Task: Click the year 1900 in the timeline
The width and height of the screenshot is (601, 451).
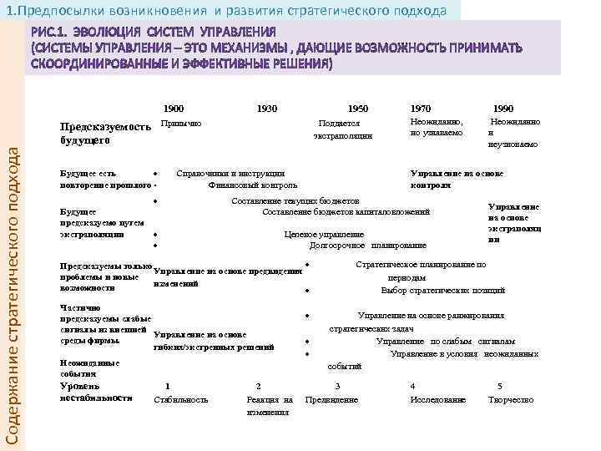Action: coord(174,109)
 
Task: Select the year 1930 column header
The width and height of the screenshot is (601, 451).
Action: coord(268,109)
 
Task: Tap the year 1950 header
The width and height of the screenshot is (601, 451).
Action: coord(357,109)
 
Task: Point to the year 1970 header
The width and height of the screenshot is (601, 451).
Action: coord(421,109)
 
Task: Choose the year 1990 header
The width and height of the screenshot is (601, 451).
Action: coord(503,109)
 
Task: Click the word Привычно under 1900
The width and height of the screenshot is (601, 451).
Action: coord(180,123)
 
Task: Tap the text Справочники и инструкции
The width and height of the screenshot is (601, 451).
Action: coord(230,173)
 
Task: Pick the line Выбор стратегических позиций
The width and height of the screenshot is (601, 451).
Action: coord(442,290)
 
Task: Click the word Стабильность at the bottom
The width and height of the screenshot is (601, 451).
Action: coord(181,400)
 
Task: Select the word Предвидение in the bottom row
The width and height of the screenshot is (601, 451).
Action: coord(331,400)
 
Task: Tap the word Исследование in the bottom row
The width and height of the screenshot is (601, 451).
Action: coord(437,400)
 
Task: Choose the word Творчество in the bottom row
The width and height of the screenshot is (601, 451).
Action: coord(511,400)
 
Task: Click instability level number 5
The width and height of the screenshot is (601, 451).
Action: coord(499,385)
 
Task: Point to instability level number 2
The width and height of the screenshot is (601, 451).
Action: coord(259,385)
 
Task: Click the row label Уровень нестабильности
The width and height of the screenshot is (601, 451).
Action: coord(84,392)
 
